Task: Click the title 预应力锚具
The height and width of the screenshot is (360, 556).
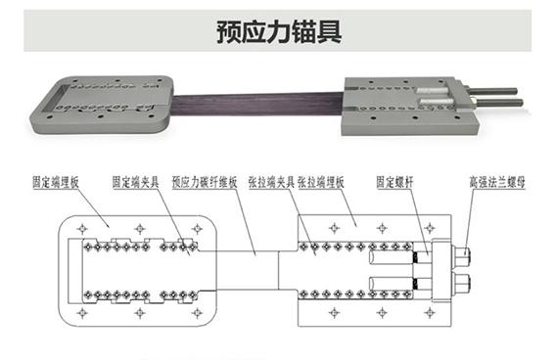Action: pos(278,29)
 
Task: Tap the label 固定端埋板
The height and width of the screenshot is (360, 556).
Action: pos(54,182)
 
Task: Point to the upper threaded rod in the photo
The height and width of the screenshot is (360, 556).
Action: pos(497,94)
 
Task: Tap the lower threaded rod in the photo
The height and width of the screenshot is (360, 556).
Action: pos(497,105)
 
